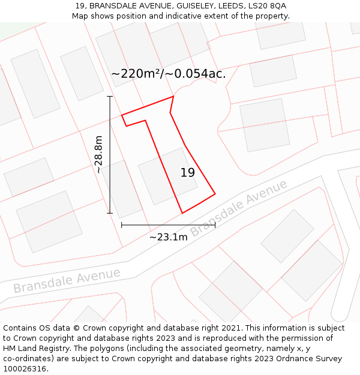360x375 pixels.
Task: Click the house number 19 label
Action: tap(188, 173)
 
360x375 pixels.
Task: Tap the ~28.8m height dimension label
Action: tap(99, 155)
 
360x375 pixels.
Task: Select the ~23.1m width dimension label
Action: tap(168, 237)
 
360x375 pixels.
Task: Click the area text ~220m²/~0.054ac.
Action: tap(169, 74)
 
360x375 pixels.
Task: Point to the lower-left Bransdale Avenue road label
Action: tap(67, 280)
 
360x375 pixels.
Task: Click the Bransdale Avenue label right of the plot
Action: tap(239, 208)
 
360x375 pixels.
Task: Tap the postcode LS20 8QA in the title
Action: tap(266, 6)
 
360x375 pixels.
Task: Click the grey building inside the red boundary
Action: tap(167, 176)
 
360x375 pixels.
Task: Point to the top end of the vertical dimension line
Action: tap(110, 96)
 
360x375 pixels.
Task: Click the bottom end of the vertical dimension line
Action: tap(110, 213)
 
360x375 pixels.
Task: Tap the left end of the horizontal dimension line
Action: tap(122, 225)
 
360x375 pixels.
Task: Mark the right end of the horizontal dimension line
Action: tap(215, 225)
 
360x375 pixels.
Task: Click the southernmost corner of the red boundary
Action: tap(182, 213)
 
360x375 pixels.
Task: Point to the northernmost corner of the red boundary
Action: tap(173, 96)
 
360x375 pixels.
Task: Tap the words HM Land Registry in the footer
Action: tap(35, 349)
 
